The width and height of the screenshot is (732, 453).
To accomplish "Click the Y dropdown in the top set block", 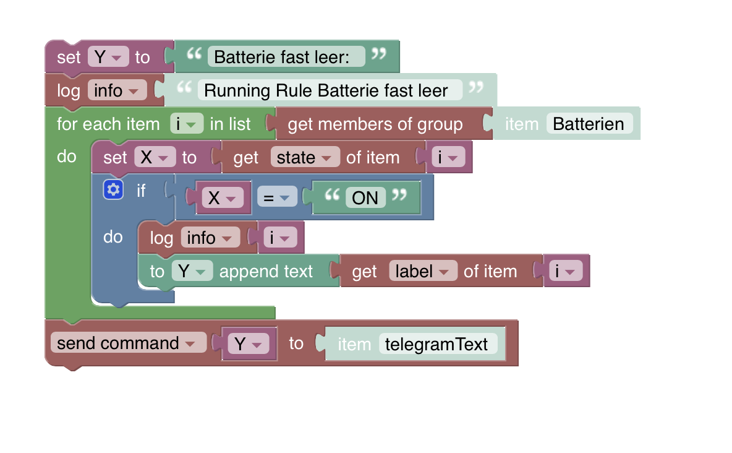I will (x=108, y=57).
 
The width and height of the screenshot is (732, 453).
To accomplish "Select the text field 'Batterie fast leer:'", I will (x=281, y=57).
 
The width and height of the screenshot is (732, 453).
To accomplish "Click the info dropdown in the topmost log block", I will (x=117, y=90).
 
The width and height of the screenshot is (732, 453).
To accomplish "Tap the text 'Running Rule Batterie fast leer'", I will (x=326, y=90).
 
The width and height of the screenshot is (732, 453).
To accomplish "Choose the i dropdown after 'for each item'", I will (x=186, y=124).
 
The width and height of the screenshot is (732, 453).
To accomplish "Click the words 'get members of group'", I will (x=375, y=124).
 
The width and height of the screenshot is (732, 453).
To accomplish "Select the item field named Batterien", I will (x=589, y=124).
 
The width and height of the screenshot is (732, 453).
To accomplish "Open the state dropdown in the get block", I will (x=305, y=157).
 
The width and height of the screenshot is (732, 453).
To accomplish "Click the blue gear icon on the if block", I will (x=112, y=190).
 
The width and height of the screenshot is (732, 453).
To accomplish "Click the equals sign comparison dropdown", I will (x=274, y=197).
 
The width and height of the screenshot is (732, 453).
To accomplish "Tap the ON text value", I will (x=365, y=197).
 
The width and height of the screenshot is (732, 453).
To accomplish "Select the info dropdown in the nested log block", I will (x=210, y=238).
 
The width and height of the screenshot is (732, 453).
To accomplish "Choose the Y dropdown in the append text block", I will (x=192, y=271).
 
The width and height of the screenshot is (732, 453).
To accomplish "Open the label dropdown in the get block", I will (x=423, y=271).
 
